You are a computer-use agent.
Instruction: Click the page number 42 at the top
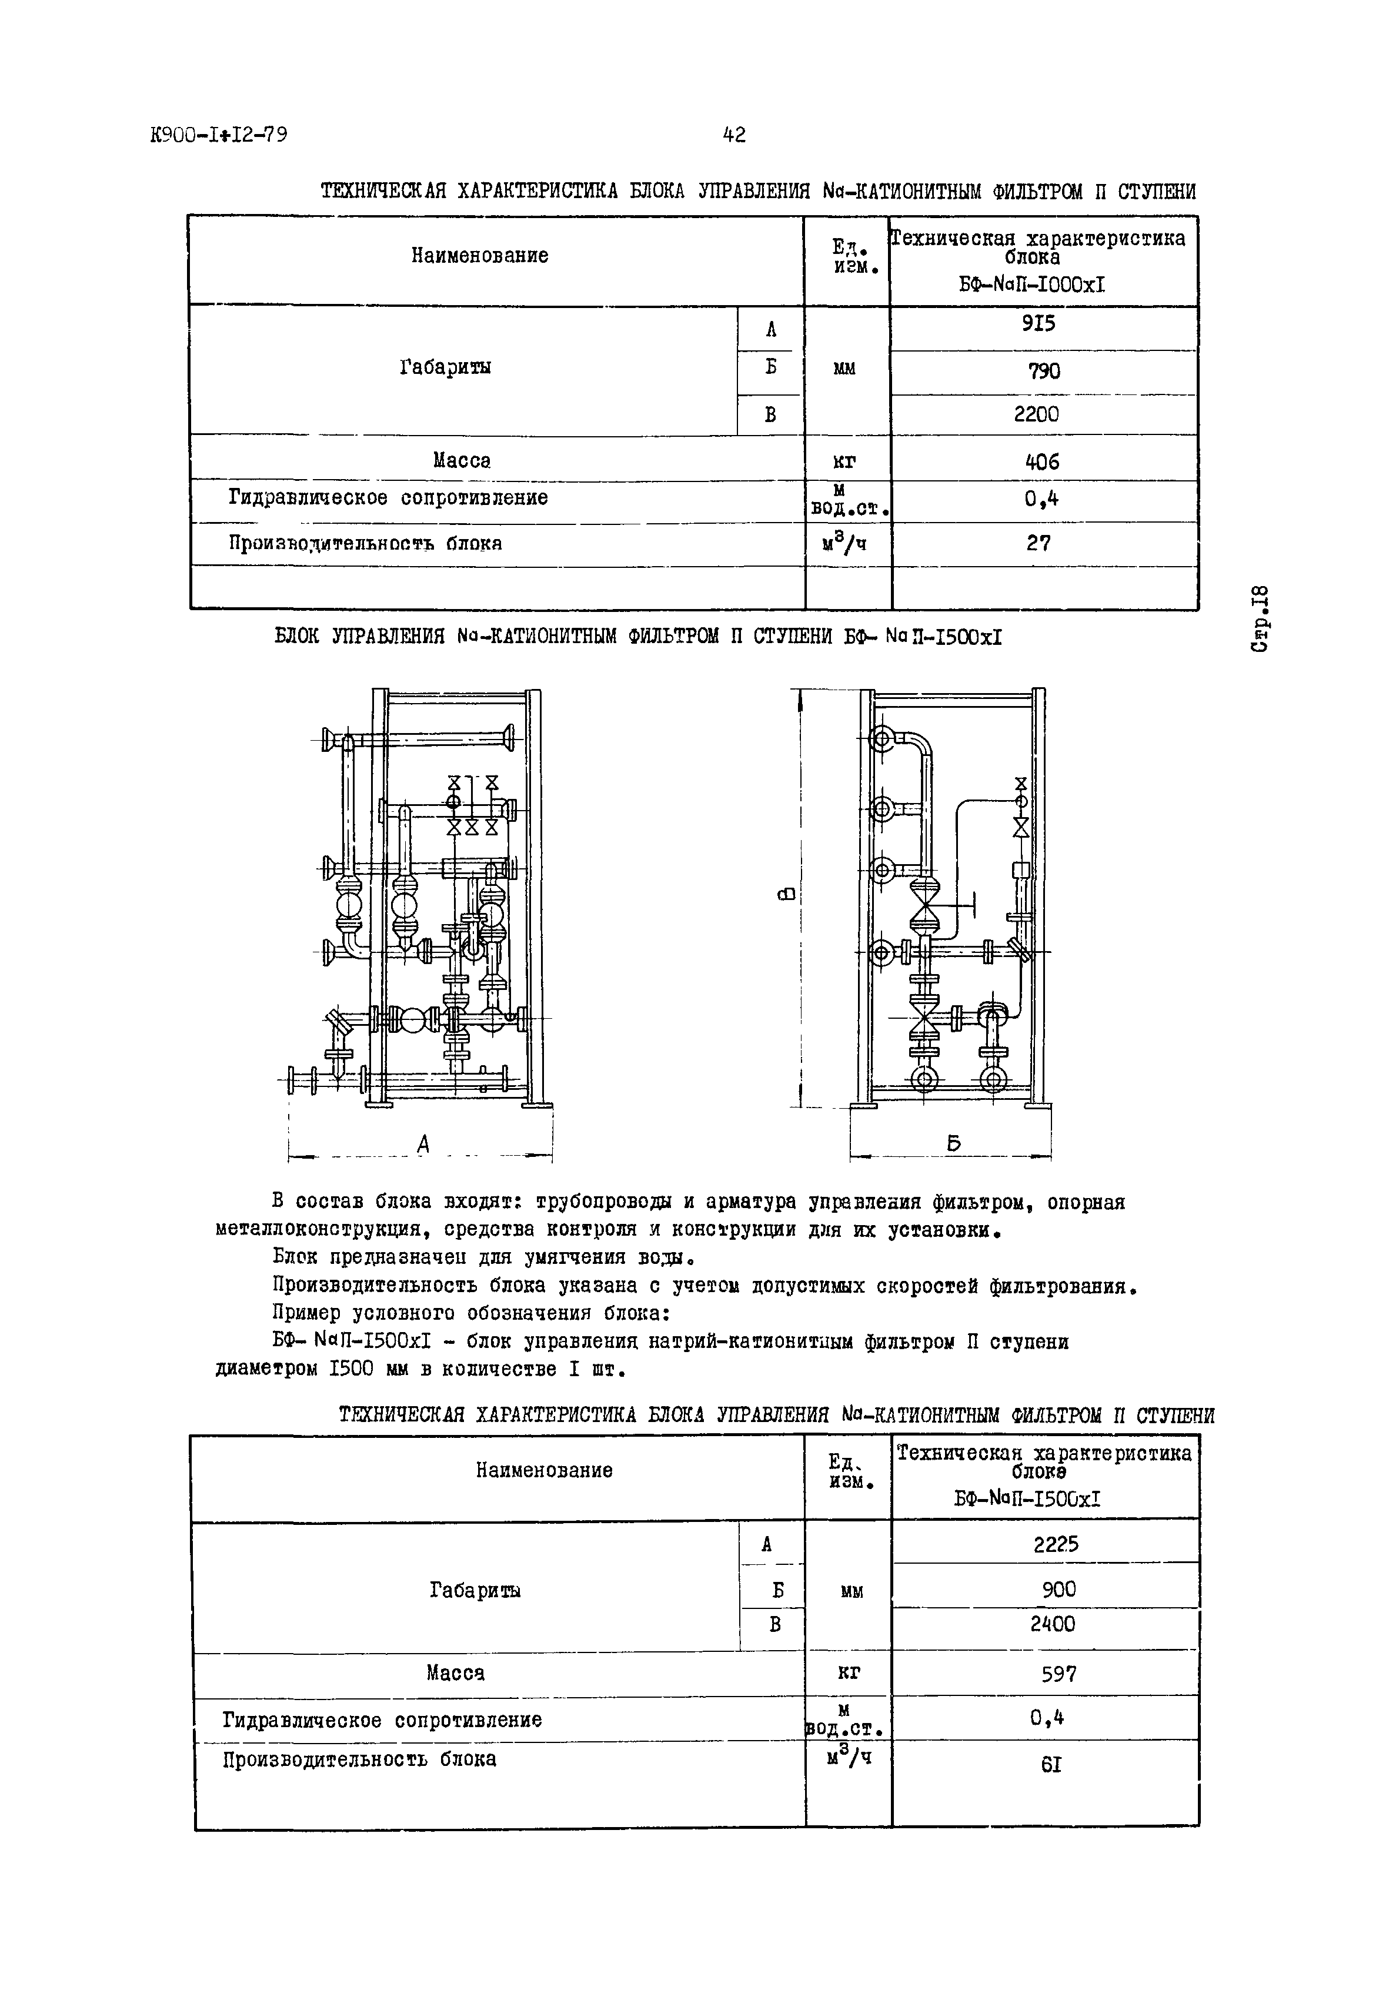click(x=734, y=135)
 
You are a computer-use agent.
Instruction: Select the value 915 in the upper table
click(x=1039, y=324)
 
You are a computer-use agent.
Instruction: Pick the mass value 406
click(x=1042, y=462)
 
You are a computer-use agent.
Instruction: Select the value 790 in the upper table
click(x=1043, y=372)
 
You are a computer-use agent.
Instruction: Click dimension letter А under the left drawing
click(x=423, y=1145)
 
